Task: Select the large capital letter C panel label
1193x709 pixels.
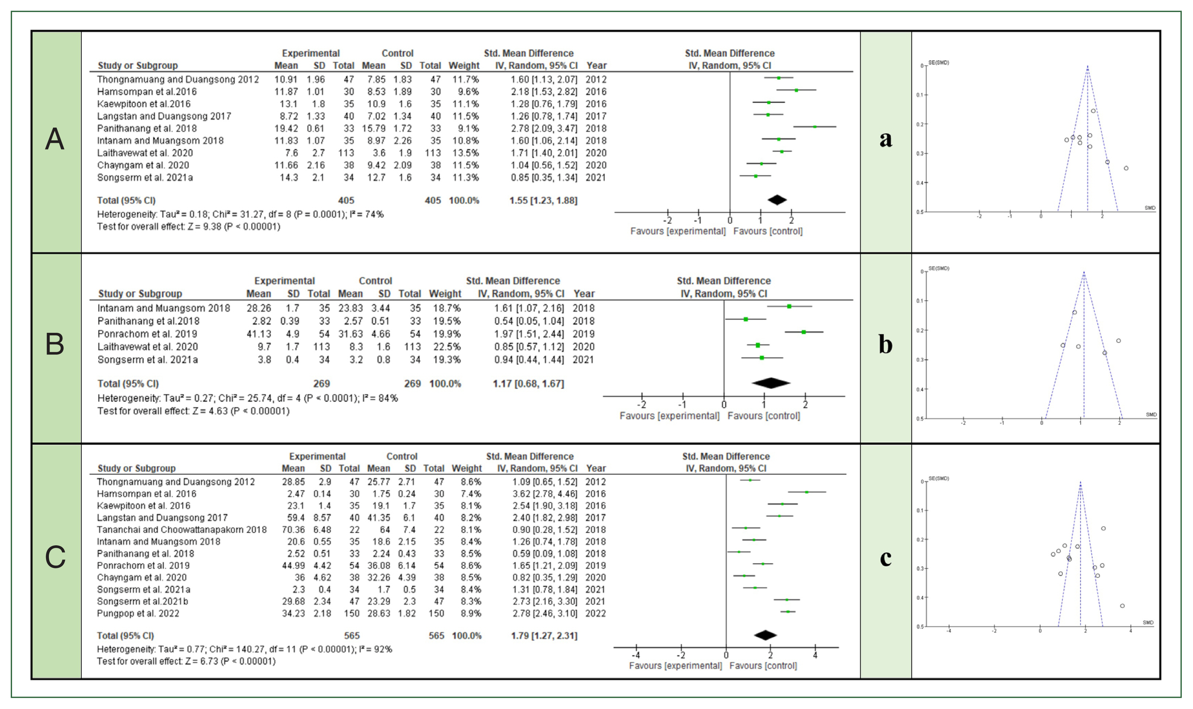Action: [x=55, y=557]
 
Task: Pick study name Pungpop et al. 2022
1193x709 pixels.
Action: [x=138, y=613]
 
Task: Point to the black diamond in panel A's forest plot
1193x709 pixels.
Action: [x=777, y=200]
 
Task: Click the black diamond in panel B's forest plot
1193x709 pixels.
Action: [x=770, y=383]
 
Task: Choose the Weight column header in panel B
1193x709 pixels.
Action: [x=445, y=294]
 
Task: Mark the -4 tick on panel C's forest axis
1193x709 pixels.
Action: [x=636, y=655]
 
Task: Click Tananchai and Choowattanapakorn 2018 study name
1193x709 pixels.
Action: [x=181, y=530]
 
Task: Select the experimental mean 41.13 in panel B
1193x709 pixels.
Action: [x=259, y=334]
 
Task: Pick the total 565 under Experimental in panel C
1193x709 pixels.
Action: [x=351, y=636]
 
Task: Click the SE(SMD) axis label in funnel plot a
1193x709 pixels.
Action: [x=939, y=63]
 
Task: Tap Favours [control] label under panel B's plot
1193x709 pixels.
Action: [x=763, y=416]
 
